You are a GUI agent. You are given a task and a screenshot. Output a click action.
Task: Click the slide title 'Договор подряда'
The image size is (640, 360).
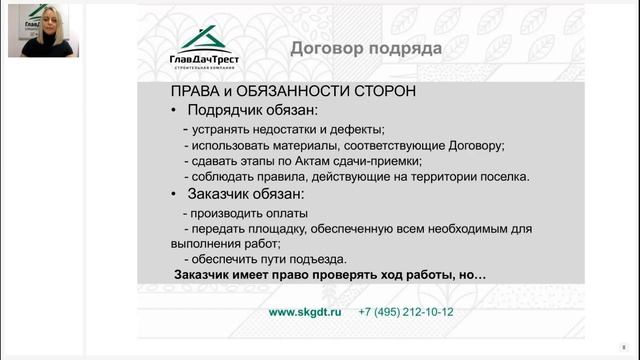point(364,47)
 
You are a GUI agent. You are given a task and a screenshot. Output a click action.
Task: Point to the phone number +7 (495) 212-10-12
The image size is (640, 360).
point(405,312)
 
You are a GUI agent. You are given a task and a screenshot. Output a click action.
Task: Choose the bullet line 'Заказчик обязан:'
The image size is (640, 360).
point(252,193)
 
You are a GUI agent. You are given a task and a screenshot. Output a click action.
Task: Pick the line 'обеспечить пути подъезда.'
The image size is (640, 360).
point(266,259)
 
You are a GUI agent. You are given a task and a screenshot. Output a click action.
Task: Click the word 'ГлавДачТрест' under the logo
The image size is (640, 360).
point(204,59)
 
